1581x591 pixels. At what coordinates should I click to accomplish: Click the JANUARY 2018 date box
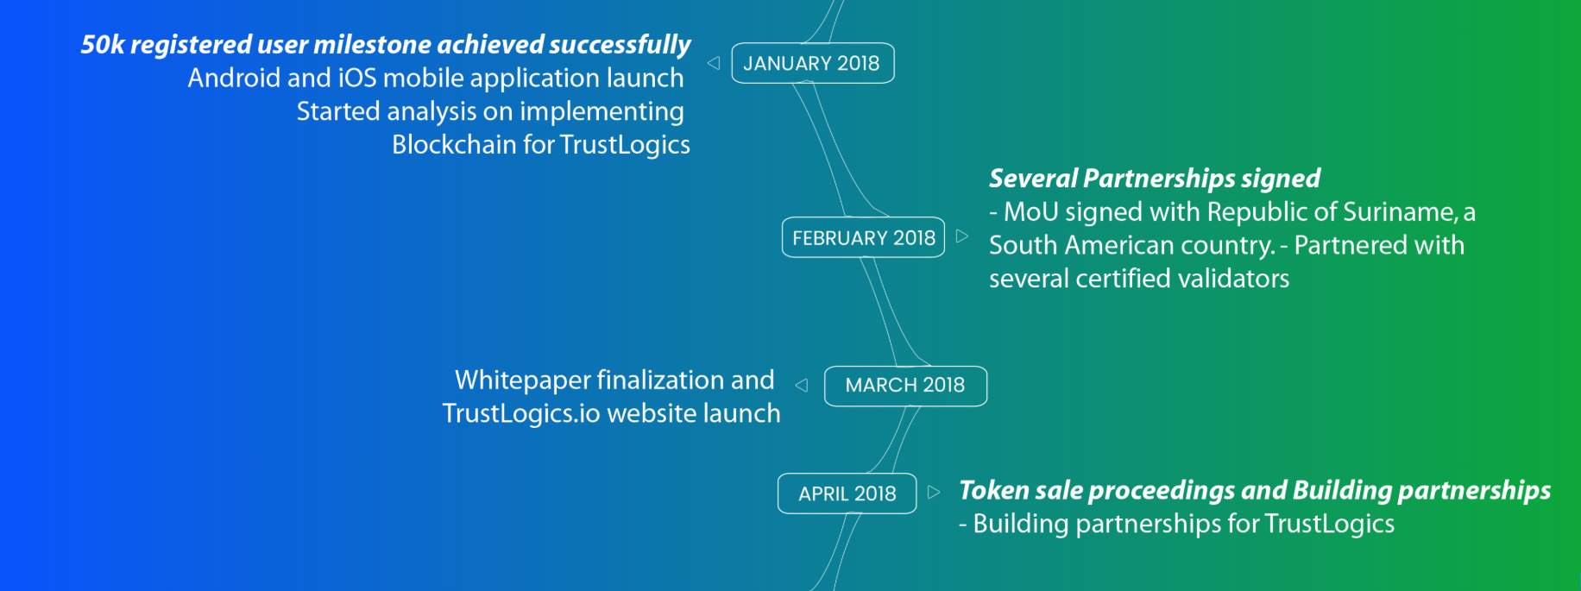click(x=813, y=63)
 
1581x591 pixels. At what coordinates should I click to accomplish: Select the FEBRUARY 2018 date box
click(x=863, y=237)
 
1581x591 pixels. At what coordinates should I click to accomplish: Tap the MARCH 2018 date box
click(x=905, y=386)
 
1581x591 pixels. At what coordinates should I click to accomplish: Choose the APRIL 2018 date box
click(x=847, y=494)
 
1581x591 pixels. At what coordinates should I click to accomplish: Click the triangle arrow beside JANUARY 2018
click(x=714, y=63)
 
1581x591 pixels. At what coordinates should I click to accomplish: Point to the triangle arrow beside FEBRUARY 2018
click(x=962, y=236)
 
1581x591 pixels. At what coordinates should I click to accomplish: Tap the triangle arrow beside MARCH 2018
click(x=802, y=386)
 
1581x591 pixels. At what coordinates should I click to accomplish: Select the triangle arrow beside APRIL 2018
click(x=934, y=493)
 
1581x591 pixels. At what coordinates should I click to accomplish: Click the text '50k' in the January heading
click(x=103, y=44)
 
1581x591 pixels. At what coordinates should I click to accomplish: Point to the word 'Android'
click(x=235, y=78)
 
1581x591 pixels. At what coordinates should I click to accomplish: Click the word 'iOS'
click(x=357, y=78)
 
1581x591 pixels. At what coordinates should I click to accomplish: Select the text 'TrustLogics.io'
click(x=521, y=413)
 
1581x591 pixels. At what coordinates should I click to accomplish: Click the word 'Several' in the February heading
click(x=1033, y=178)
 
